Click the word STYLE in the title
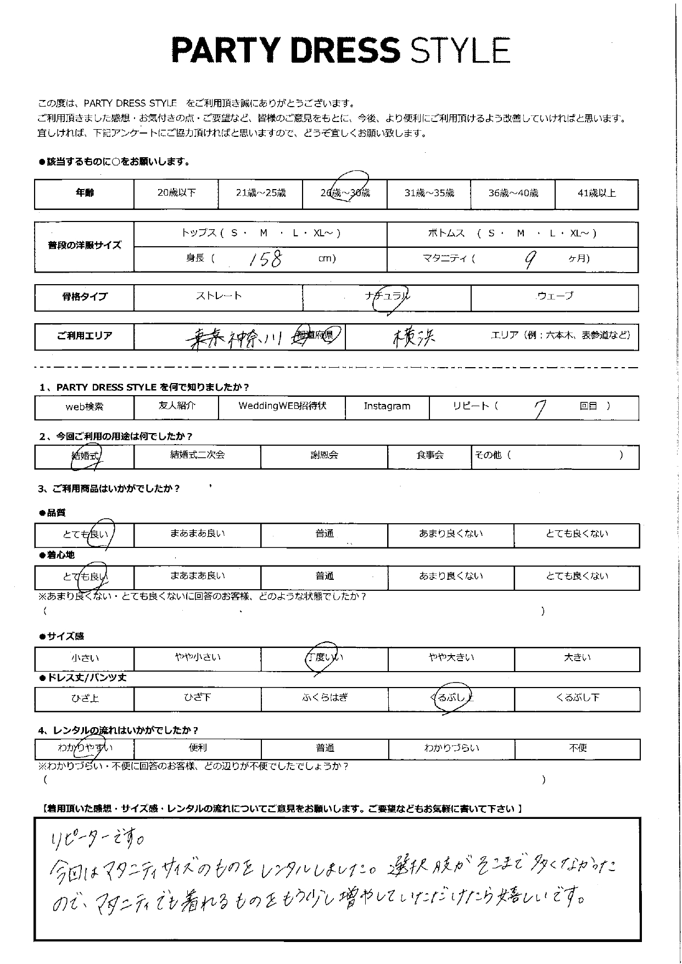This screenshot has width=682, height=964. (x=460, y=51)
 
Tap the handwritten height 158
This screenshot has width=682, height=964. (x=265, y=259)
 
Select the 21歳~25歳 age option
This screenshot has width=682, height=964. (x=260, y=193)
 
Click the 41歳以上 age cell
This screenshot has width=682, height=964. (x=596, y=193)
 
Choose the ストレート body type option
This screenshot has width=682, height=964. (x=219, y=296)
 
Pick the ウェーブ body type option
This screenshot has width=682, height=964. (x=555, y=296)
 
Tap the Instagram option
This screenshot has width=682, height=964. (x=387, y=407)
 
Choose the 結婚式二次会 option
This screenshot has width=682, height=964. (x=197, y=456)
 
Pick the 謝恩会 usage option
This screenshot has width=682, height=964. (x=324, y=456)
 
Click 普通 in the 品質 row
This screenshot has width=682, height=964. (x=325, y=534)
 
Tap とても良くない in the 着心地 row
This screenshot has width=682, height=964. (x=577, y=577)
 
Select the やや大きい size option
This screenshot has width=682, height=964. (x=451, y=658)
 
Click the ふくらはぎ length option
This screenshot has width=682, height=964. (x=325, y=698)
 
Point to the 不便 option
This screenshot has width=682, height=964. (x=578, y=749)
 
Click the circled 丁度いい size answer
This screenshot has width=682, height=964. (x=325, y=658)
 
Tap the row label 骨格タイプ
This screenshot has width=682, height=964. (x=85, y=297)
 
